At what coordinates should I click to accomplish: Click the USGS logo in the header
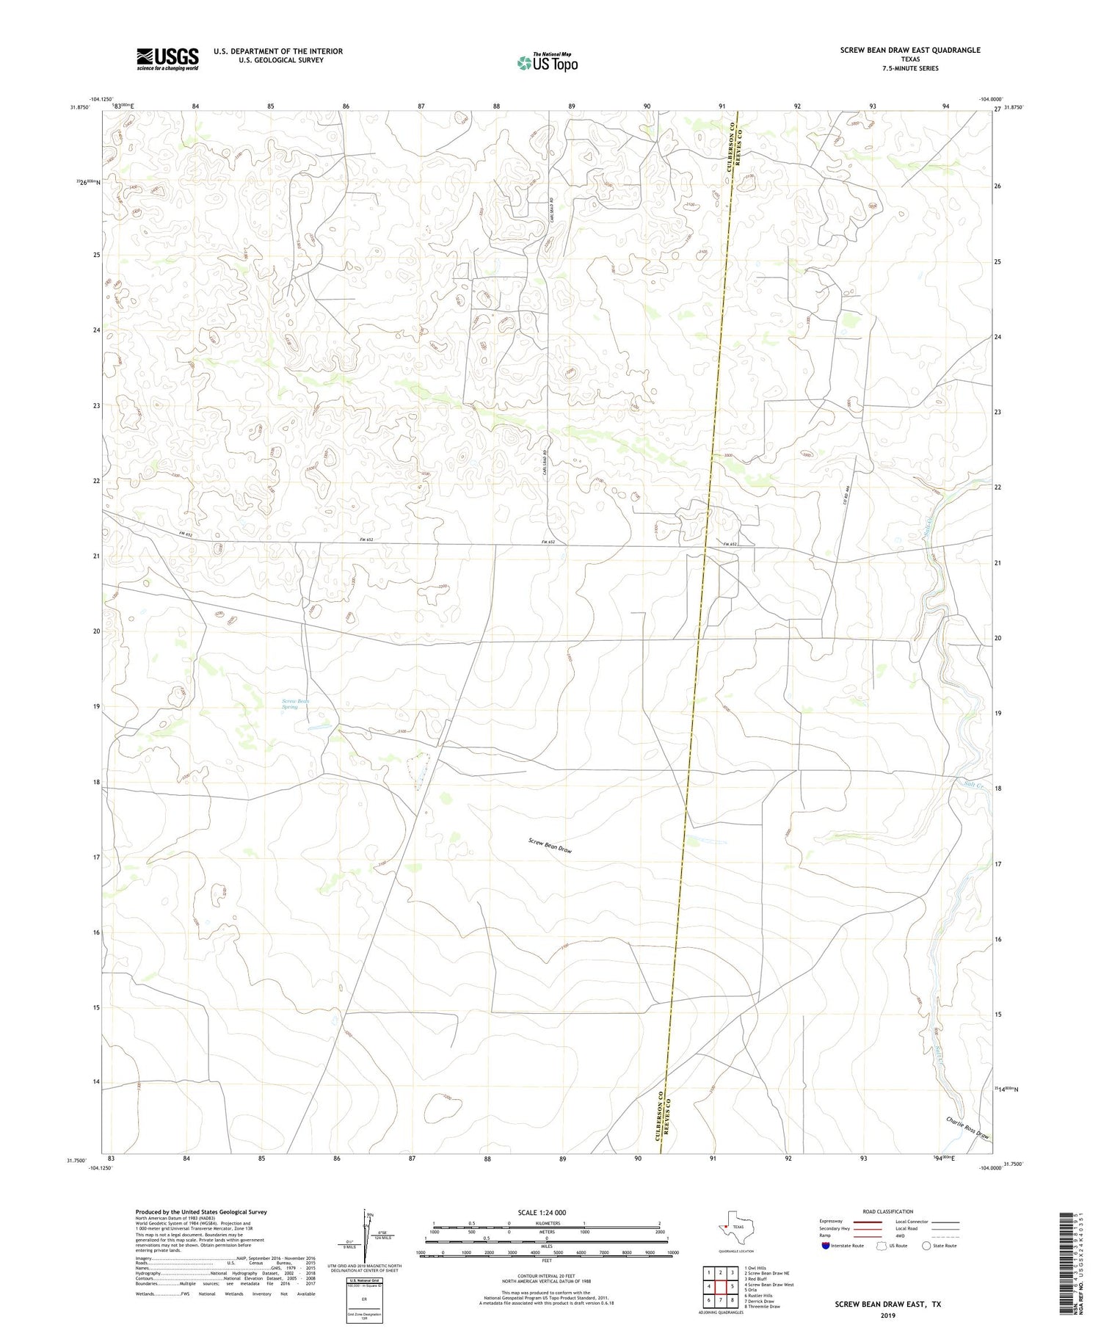tap(167, 59)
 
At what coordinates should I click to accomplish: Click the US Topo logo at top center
tap(547, 63)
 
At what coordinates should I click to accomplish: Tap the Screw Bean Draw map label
tap(550, 845)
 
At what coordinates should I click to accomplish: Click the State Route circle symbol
tap(926, 1245)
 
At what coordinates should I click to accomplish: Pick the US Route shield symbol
tap(882, 1245)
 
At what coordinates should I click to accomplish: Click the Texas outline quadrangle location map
tap(728, 1225)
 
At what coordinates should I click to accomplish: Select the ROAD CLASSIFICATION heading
tap(888, 1211)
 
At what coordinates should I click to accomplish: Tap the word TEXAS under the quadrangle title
tap(910, 59)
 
